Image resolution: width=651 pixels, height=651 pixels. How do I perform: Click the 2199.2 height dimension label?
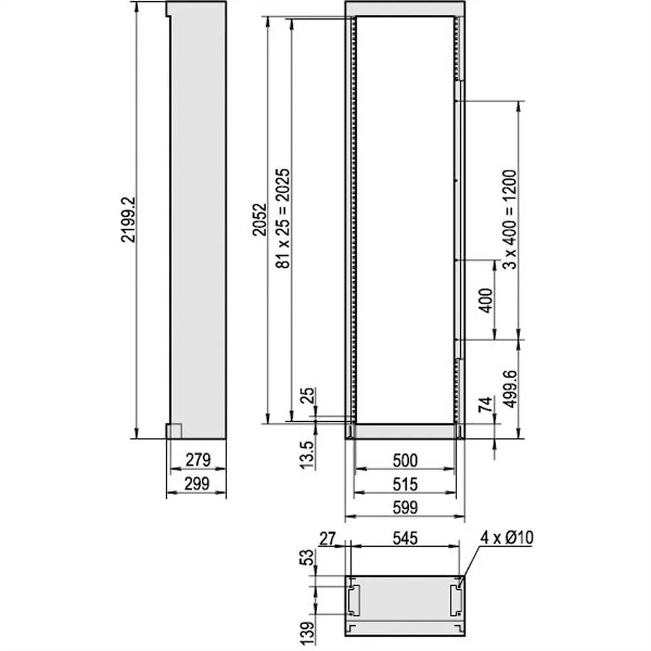[x=128, y=219]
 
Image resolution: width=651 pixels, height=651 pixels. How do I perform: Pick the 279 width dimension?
[x=197, y=460]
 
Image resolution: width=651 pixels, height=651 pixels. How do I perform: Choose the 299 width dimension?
[x=197, y=484]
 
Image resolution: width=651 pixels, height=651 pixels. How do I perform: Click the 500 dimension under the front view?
[x=404, y=460]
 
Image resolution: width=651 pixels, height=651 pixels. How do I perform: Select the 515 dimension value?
[x=404, y=484]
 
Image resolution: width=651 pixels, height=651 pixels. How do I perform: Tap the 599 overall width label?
[x=404, y=508]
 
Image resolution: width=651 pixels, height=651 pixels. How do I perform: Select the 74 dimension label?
[x=485, y=404]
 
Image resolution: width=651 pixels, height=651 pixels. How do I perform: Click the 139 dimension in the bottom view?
[x=307, y=630]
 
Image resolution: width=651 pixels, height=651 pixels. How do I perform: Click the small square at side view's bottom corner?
[x=173, y=431]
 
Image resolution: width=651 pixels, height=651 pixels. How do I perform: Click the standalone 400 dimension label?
[x=485, y=299]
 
